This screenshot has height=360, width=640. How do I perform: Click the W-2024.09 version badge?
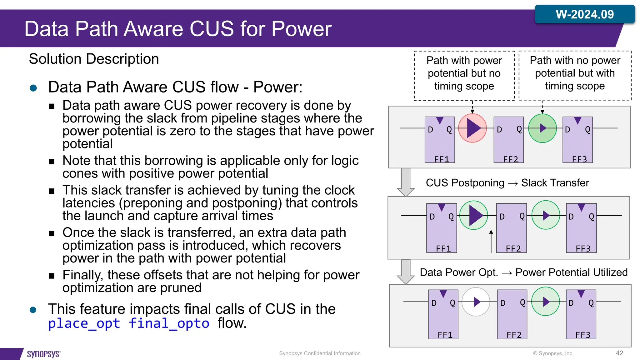click(584, 14)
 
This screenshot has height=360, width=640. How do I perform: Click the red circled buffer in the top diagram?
click(472, 128)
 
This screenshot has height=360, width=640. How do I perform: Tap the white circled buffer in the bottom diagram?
click(476, 302)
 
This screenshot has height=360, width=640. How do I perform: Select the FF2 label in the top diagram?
click(510, 159)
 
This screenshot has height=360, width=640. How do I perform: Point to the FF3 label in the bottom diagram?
click(583, 335)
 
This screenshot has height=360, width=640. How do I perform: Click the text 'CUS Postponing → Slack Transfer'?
click(507, 183)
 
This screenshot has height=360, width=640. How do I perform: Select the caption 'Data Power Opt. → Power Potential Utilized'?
click(523, 272)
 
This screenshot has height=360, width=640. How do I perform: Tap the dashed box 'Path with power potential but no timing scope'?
click(464, 75)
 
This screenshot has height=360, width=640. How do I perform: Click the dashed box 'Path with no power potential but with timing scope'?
click(575, 75)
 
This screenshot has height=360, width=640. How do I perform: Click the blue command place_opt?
click(84, 323)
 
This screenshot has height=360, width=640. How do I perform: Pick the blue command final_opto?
click(169, 323)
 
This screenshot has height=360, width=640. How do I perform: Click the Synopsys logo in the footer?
click(43, 354)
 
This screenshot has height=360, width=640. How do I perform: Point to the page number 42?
click(619, 353)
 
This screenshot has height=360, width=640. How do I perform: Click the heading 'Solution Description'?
click(94, 59)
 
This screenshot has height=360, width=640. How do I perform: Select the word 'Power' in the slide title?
click(301, 29)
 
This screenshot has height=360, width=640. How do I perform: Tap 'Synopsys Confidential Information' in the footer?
click(320, 353)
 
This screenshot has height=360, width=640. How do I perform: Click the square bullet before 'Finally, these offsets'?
click(52, 276)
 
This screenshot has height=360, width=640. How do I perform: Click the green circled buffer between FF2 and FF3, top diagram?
click(542, 128)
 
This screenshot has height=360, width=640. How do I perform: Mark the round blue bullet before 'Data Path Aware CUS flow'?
click(33, 88)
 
